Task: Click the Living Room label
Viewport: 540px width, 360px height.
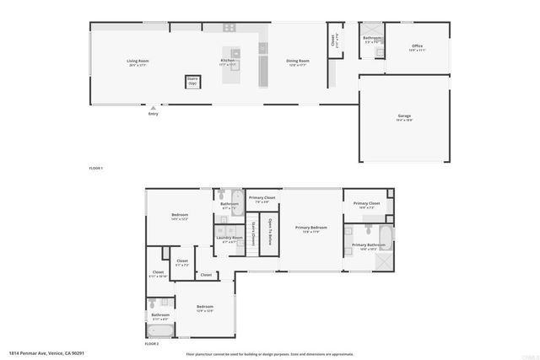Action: click(138, 62)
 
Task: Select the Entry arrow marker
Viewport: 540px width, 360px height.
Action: click(153, 109)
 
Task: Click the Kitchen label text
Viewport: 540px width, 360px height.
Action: click(228, 62)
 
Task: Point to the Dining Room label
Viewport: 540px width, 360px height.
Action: click(297, 62)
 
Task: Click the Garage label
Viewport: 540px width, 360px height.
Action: click(404, 117)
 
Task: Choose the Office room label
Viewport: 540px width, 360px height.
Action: click(417, 47)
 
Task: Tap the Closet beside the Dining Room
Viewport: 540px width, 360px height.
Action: click(332, 39)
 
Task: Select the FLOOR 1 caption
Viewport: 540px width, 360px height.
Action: click(96, 169)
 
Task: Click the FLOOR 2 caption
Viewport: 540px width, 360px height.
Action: click(152, 344)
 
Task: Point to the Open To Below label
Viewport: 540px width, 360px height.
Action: click(270, 231)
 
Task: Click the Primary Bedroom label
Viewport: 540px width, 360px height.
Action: click(310, 228)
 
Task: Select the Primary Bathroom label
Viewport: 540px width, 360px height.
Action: click(367, 246)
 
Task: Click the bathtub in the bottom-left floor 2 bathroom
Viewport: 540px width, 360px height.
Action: click(159, 330)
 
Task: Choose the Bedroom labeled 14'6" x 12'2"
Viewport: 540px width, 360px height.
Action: click(179, 217)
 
